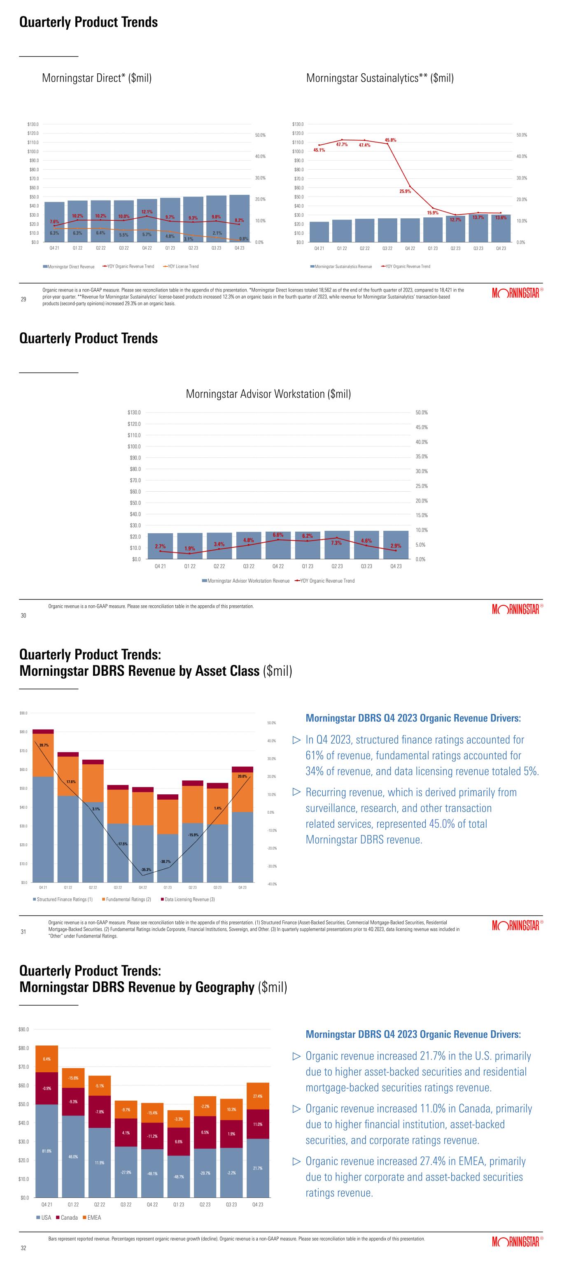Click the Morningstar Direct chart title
97,78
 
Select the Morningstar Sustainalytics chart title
380,78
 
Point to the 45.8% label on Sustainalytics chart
390,140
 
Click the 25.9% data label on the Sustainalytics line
405,191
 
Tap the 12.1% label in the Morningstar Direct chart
147,212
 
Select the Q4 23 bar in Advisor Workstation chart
396,545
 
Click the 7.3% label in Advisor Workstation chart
336,543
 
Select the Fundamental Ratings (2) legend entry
127,899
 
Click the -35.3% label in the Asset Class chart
146,870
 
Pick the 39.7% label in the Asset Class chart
44,745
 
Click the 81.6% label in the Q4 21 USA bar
47,1151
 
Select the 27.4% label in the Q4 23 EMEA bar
258,1096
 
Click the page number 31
23,931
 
